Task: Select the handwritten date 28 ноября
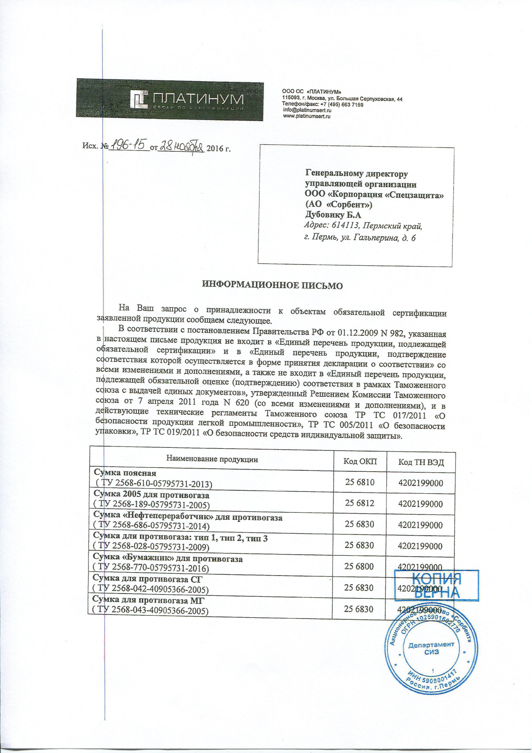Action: [181, 147]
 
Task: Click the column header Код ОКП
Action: [360, 462]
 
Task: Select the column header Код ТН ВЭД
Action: [421, 462]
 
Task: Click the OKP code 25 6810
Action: [360, 482]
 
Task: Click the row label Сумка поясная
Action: [125, 473]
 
